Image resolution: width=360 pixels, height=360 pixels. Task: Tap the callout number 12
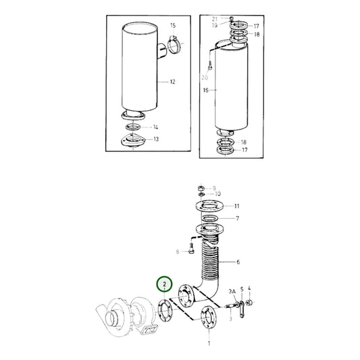point(172,82)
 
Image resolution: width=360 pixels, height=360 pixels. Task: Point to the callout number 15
point(172,25)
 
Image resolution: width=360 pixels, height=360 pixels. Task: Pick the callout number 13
point(155,139)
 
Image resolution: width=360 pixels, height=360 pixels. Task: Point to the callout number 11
point(236,205)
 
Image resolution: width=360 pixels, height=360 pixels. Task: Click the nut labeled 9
point(201,188)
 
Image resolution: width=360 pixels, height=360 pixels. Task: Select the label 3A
point(231,291)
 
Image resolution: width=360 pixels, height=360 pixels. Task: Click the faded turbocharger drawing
point(126,317)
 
